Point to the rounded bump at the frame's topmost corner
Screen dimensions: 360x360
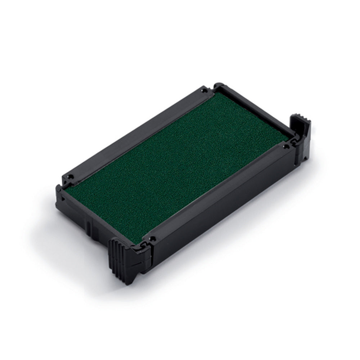click(218, 85)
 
